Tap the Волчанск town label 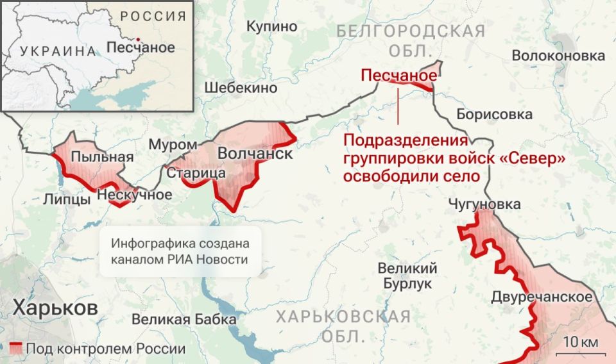point(255,154)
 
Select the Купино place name point(272,26)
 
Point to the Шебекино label point(241,88)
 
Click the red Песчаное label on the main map point(398,76)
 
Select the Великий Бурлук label point(407,276)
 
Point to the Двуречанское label point(542,297)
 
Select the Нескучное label point(134,194)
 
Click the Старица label point(196,173)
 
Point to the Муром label point(173,145)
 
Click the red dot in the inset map point(137,38)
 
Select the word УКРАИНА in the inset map point(57,51)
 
